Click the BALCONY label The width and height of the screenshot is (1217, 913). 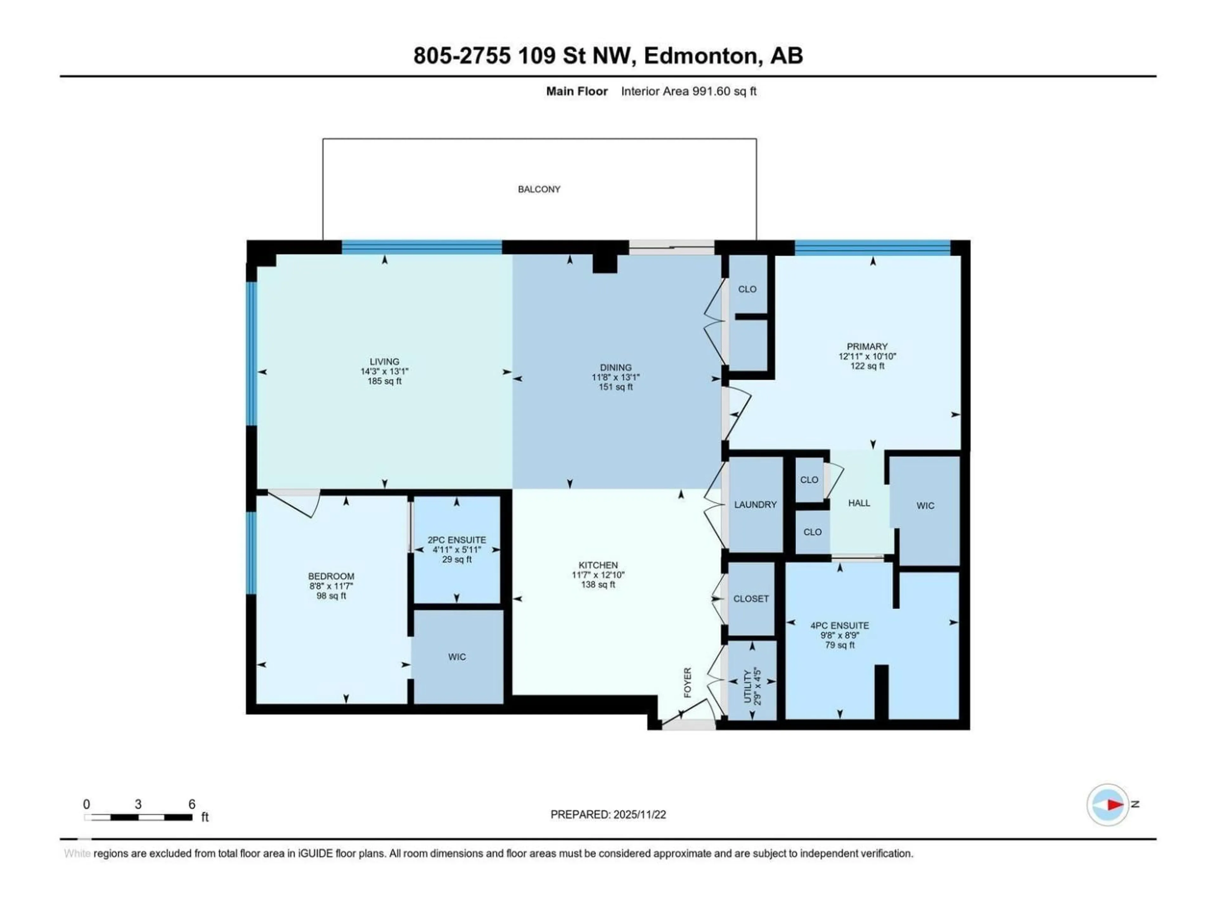point(539,189)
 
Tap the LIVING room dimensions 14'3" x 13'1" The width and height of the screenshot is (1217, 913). point(384,372)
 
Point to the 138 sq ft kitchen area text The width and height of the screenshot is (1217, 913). point(598,585)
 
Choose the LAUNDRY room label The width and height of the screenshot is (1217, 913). point(755,505)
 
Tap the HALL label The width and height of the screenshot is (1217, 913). point(859,503)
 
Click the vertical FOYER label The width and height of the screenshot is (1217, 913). point(687,683)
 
